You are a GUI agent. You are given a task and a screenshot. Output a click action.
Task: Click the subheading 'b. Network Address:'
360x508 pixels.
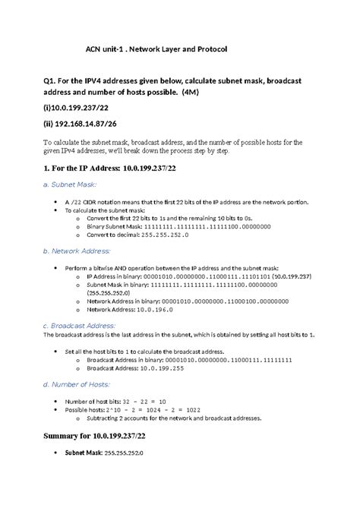(77, 250)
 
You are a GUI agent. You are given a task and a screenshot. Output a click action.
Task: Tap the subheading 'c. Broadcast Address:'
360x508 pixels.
(79, 325)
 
